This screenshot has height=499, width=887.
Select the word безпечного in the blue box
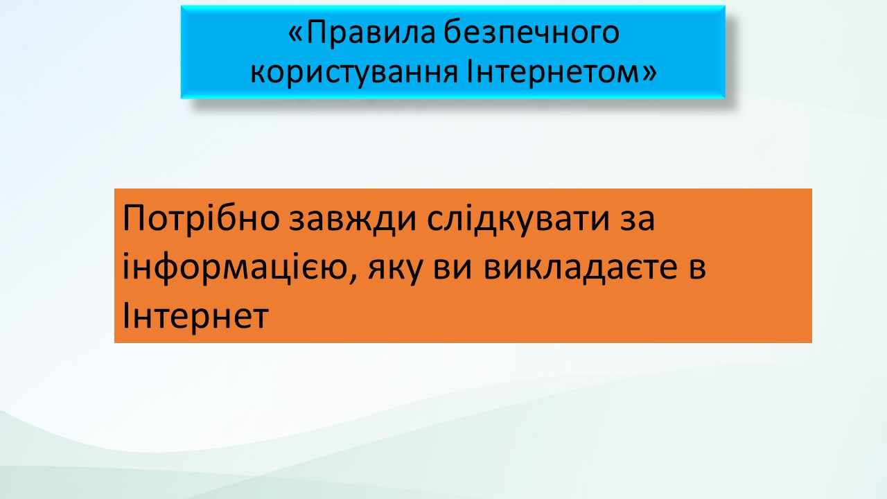point(532,32)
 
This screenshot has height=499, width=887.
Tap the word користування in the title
point(354,73)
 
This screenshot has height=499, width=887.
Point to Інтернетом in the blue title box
point(554,71)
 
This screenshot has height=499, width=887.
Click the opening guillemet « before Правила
point(296,34)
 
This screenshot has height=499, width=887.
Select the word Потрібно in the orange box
point(201,218)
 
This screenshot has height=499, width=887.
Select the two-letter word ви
point(453,269)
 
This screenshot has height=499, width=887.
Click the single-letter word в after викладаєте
point(697,269)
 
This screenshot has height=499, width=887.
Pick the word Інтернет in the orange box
point(195,315)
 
